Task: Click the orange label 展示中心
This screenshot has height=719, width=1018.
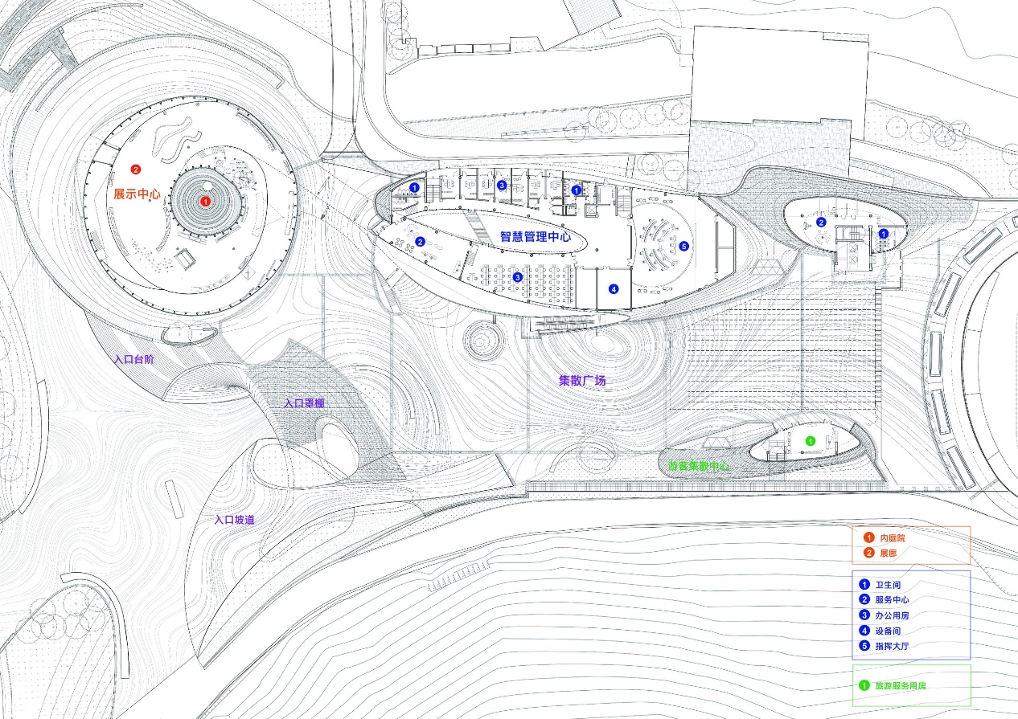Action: tap(137, 194)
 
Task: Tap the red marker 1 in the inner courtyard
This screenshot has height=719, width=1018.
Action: tap(205, 201)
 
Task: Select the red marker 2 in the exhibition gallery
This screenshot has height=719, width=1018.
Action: tap(135, 170)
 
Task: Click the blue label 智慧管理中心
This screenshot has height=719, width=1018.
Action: tap(536, 236)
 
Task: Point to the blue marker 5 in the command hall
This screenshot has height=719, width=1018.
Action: tap(683, 247)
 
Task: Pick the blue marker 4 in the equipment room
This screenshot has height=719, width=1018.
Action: tap(613, 288)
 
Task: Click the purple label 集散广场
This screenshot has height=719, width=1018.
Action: tap(582, 380)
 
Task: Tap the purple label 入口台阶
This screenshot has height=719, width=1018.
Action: tap(134, 360)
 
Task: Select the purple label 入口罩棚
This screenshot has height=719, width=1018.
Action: tap(304, 403)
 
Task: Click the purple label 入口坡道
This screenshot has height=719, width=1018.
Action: tap(235, 520)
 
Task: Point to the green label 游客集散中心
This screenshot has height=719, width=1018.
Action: tap(699, 466)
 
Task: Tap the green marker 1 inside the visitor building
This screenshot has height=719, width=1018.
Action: tap(810, 440)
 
